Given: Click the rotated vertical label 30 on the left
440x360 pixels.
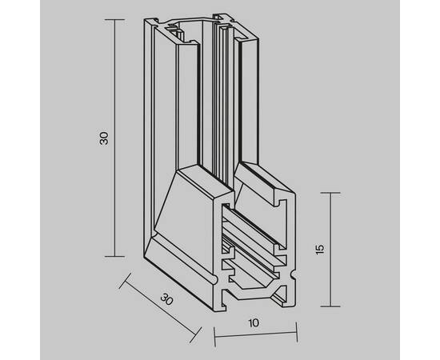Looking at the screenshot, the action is coord(104,138).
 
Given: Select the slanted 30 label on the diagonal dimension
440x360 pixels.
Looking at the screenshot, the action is coord(166,299).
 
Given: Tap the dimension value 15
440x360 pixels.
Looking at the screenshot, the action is coord(320,250).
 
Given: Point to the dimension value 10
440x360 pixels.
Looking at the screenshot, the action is coord(254,323).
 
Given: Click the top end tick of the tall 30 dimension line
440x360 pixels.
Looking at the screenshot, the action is coord(114,20).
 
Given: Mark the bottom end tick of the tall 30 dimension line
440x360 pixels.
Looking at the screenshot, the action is coord(114,256).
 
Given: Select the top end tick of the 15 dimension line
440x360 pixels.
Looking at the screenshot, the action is coord(330,193).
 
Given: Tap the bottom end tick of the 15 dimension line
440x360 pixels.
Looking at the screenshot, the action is coord(330,306).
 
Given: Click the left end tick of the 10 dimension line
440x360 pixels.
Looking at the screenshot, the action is coord(214,337).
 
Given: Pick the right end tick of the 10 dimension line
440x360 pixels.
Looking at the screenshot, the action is coord(297,333).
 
